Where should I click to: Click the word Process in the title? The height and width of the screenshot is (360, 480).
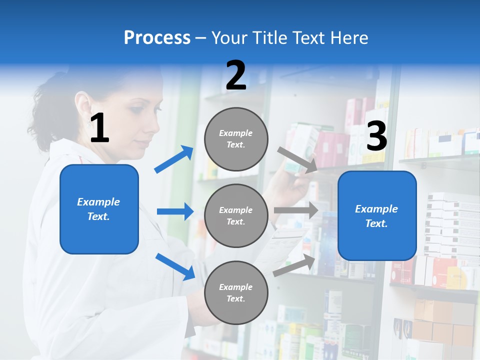point(157,37)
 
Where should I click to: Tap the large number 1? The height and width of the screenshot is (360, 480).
point(99,128)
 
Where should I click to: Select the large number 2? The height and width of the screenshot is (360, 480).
point(236,75)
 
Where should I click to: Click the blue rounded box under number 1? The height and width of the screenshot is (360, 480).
point(99,209)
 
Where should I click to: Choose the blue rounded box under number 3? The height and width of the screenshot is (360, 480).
point(377,216)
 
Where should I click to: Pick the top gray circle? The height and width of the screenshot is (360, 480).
point(236,139)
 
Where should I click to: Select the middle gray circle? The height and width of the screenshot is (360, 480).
point(236,215)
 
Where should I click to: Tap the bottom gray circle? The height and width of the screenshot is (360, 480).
point(236,292)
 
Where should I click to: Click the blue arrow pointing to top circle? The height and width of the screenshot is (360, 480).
point(174,159)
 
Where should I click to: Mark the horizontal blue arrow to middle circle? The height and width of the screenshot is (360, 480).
point(175,211)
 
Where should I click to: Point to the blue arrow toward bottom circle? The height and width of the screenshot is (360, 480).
point(175,266)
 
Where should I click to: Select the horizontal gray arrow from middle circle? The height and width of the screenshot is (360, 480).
point(295,210)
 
